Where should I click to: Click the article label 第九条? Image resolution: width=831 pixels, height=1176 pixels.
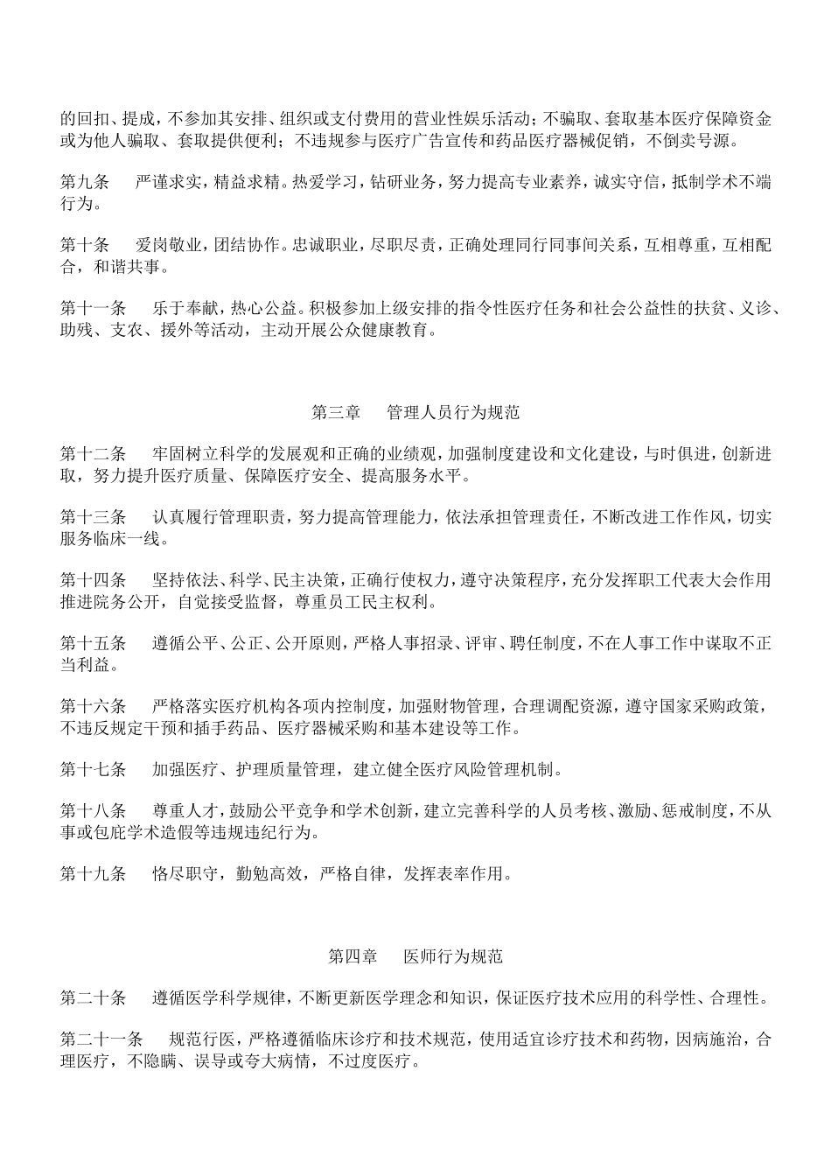point(85,183)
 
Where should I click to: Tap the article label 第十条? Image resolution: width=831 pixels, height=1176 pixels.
point(85,245)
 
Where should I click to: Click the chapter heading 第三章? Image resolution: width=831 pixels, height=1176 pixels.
point(337,411)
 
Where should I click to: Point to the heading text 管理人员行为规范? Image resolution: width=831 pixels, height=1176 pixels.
point(453,411)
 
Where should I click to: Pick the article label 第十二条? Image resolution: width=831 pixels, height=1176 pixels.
point(93,453)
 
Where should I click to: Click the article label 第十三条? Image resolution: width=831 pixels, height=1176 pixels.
point(93,516)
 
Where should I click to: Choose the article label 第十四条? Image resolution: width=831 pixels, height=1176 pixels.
point(93,579)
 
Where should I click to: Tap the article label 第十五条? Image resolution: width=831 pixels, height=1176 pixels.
point(93,643)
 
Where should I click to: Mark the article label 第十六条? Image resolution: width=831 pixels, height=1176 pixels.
point(93,705)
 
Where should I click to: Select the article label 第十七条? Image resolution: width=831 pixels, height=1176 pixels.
point(93,769)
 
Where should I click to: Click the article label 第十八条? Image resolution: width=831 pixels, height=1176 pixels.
point(93,810)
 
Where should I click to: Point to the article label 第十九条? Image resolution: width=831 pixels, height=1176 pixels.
point(93,873)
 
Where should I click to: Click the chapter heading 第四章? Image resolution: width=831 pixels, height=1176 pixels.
point(353,956)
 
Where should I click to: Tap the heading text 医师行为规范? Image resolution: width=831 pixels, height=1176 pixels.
point(453,956)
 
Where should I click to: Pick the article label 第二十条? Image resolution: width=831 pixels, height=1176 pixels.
point(93,997)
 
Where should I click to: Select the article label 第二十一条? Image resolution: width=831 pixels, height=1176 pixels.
point(101,1039)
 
